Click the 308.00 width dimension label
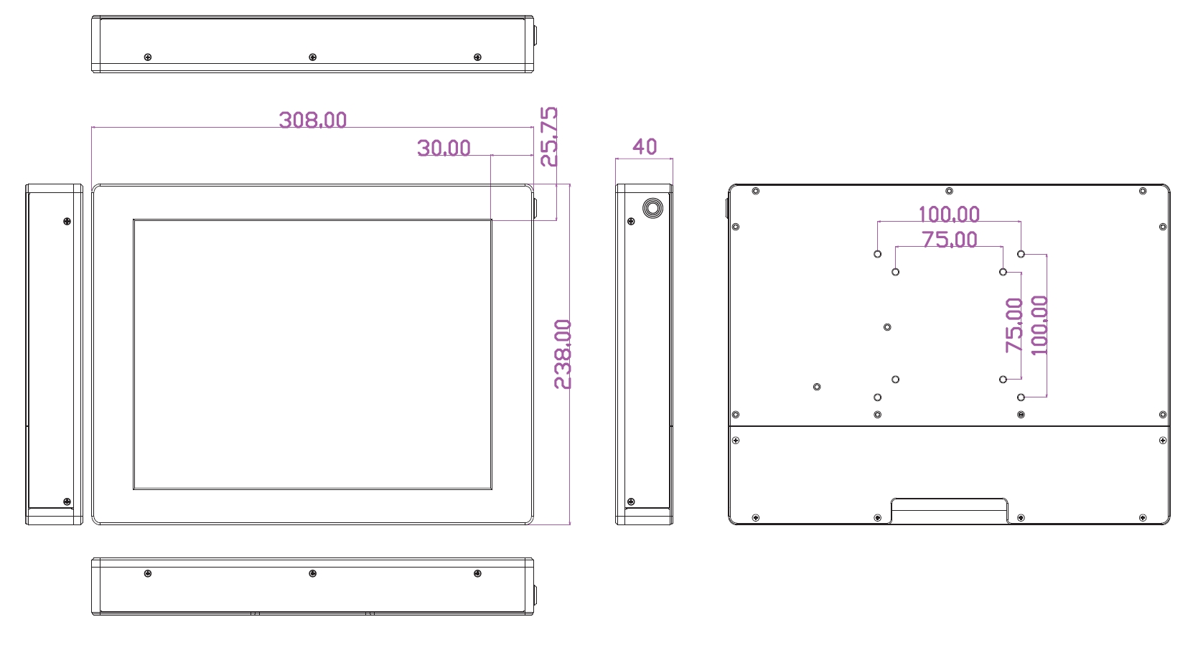pyautogui.click(x=313, y=120)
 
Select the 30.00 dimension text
pyautogui.click(x=444, y=148)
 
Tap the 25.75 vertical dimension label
pyautogui.click(x=548, y=137)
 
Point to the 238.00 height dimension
pyautogui.click(x=563, y=354)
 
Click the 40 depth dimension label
pyautogui.click(x=645, y=146)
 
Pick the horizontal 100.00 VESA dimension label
pyautogui.click(x=949, y=215)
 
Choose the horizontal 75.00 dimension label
pyautogui.click(x=950, y=240)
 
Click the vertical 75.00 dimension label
pyautogui.click(x=1014, y=326)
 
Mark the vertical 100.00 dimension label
pyautogui.click(x=1039, y=326)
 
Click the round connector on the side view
pyautogui.click(x=652, y=208)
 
